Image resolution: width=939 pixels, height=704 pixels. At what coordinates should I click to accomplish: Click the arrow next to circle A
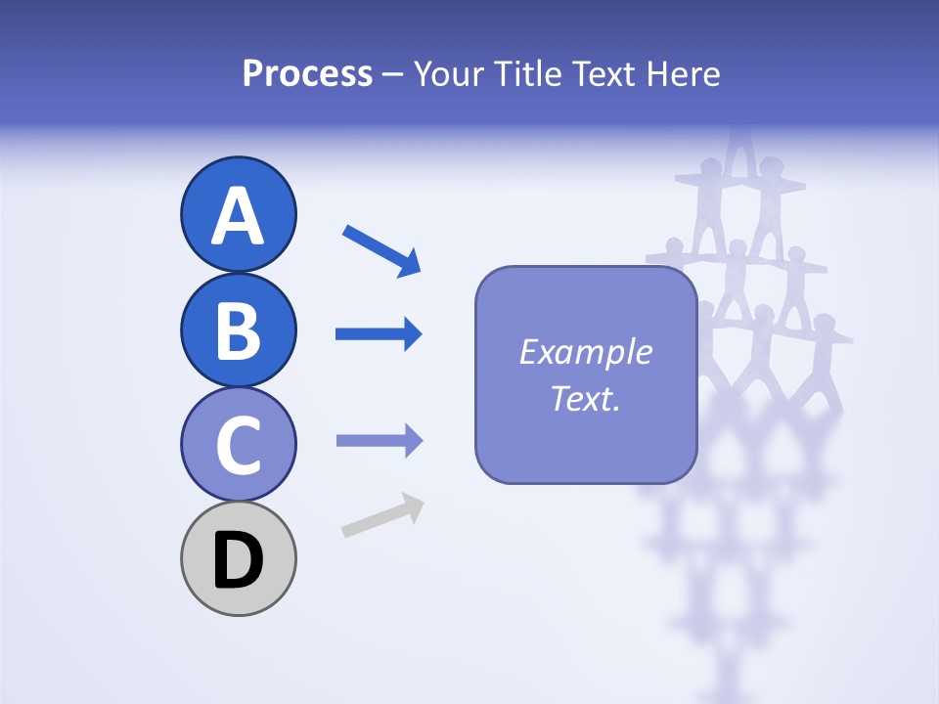[380, 249]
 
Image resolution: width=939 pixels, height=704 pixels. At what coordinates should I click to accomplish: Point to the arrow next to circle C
[379, 441]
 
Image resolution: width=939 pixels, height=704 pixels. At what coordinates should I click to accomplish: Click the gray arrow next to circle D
[382, 515]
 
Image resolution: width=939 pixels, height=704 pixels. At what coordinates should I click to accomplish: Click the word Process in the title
[307, 74]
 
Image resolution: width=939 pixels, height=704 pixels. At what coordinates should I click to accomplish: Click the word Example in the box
[585, 352]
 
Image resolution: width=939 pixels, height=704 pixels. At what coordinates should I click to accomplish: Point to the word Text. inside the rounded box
[585, 398]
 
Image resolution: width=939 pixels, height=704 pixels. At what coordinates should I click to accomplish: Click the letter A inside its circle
[238, 216]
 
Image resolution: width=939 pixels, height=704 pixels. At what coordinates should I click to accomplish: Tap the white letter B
[238, 330]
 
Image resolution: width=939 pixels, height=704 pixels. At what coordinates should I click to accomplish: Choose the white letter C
[238, 445]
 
